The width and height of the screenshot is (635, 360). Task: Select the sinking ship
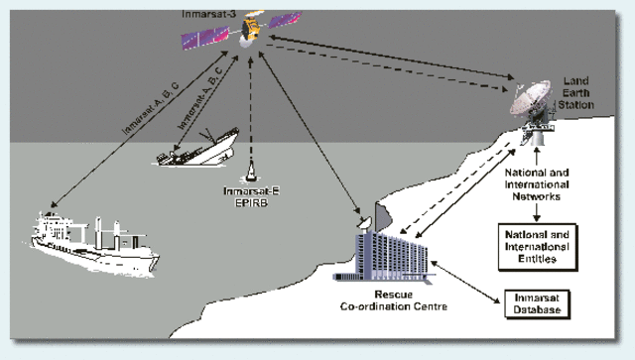(x=198, y=149)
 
